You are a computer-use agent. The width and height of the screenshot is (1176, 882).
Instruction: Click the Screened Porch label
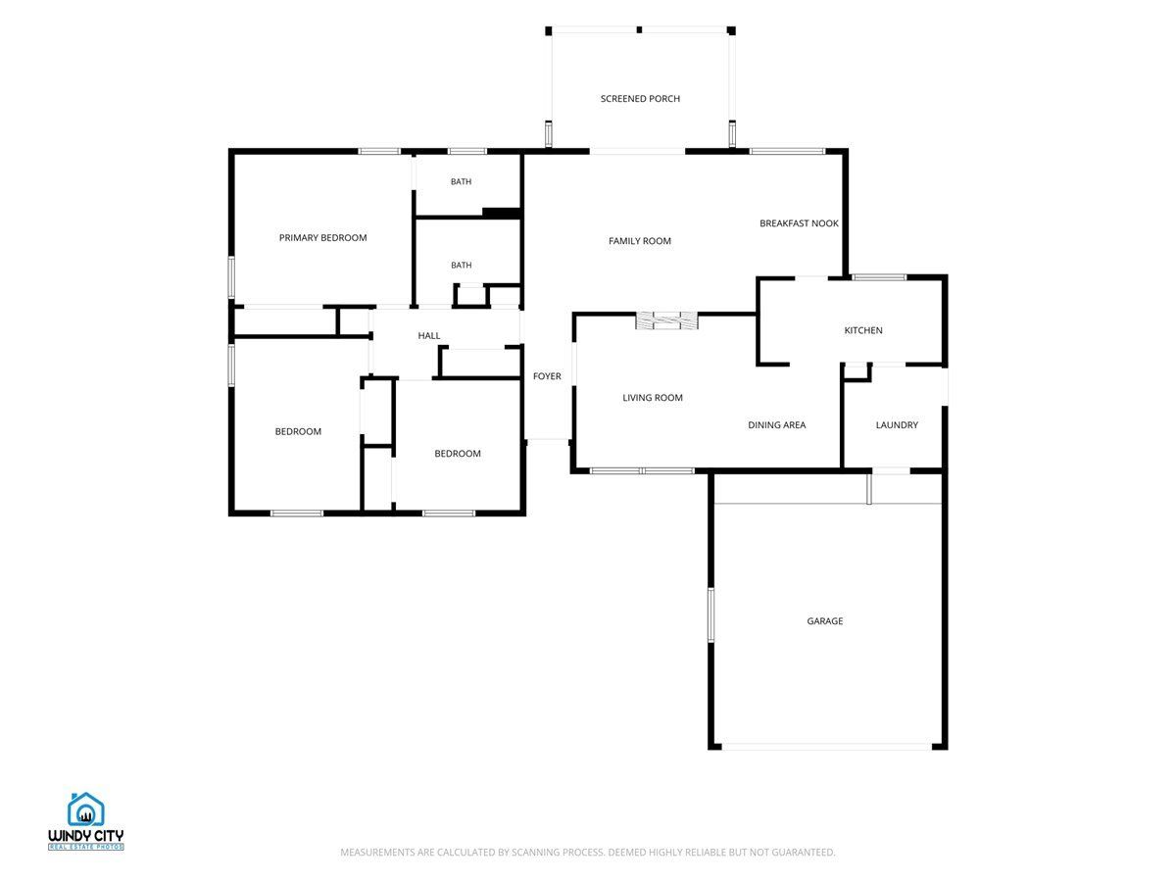(x=640, y=99)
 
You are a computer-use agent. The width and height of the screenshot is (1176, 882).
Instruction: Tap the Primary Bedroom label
(x=322, y=237)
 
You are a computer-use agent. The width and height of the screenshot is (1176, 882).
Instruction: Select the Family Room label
(x=639, y=241)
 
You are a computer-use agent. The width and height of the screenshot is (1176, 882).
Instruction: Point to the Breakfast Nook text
(x=799, y=223)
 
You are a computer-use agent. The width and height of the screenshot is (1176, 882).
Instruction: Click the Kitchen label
(x=862, y=330)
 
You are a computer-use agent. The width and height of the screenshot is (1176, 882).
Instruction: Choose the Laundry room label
(x=897, y=424)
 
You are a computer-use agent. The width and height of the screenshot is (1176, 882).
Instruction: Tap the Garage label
(x=824, y=620)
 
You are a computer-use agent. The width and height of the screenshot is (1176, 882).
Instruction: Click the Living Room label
(x=652, y=397)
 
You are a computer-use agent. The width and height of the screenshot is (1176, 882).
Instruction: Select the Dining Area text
(x=776, y=424)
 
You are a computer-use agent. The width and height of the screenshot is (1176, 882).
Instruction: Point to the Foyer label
(x=547, y=376)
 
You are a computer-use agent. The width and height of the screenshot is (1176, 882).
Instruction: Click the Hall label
(x=428, y=335)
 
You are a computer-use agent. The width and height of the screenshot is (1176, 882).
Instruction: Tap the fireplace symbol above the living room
(x=666, y=320)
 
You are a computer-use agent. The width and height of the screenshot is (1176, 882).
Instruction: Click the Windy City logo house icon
(x=85, y=809)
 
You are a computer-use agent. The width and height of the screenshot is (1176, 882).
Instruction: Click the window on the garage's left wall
(x=710, y=614)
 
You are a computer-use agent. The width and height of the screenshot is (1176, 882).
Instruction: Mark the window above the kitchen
(x=879, y=277)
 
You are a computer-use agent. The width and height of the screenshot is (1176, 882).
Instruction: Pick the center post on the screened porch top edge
(x=639, y=30)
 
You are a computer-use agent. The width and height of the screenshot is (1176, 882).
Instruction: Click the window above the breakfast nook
(x=787, y=152)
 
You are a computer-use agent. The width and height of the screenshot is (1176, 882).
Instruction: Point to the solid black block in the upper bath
(x=502, y=213)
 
